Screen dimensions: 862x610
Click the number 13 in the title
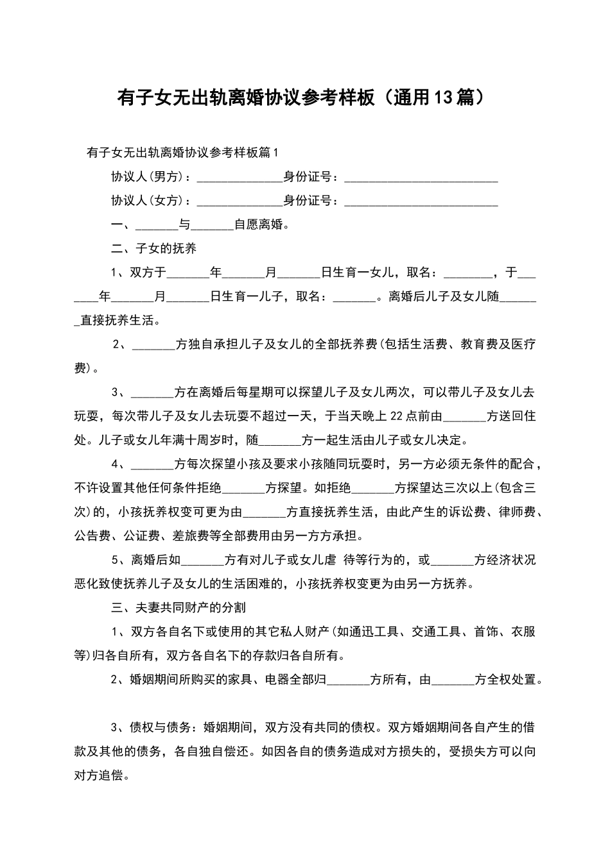coord(444,97)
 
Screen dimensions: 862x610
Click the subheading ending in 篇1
coord(183,153)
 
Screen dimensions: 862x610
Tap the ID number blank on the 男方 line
coord(421,178)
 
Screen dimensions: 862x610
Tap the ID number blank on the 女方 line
coord(421,202)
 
